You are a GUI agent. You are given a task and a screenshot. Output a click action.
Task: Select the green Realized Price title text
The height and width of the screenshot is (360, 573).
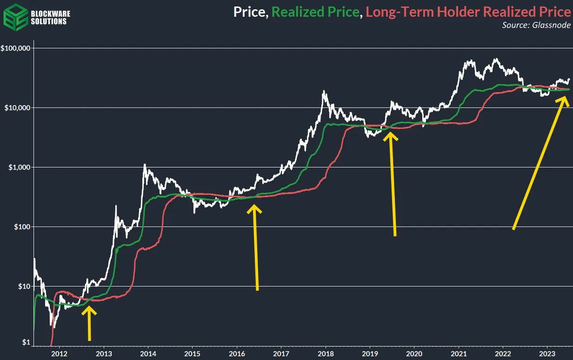coord(316,11)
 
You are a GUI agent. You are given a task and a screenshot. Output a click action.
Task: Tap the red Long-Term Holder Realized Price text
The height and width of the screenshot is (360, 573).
coord(468,11)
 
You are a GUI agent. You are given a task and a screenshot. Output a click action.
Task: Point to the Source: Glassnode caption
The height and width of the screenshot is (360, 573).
coord(536,25)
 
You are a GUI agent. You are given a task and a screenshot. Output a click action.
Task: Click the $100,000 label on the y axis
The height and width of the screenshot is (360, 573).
coord(16,48)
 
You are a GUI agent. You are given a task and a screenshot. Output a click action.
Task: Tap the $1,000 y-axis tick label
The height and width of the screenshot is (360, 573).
coord(19,167)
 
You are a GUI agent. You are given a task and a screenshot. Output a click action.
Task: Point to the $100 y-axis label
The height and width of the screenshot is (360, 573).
coord(21,227)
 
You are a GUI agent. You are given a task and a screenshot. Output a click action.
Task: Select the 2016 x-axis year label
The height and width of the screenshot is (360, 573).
coord(237,353)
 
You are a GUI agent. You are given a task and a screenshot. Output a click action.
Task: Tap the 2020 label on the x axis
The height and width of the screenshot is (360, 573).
coord(414,353)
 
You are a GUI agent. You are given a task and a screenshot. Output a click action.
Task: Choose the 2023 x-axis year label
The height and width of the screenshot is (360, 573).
coord(547,353)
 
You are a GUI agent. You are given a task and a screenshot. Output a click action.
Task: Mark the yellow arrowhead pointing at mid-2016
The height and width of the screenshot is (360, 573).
coord(254,209)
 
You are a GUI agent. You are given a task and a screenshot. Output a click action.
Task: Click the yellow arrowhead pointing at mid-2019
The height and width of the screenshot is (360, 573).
coord(390,136)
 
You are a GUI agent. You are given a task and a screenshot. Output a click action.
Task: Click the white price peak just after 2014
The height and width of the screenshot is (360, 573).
coord(145,164)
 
